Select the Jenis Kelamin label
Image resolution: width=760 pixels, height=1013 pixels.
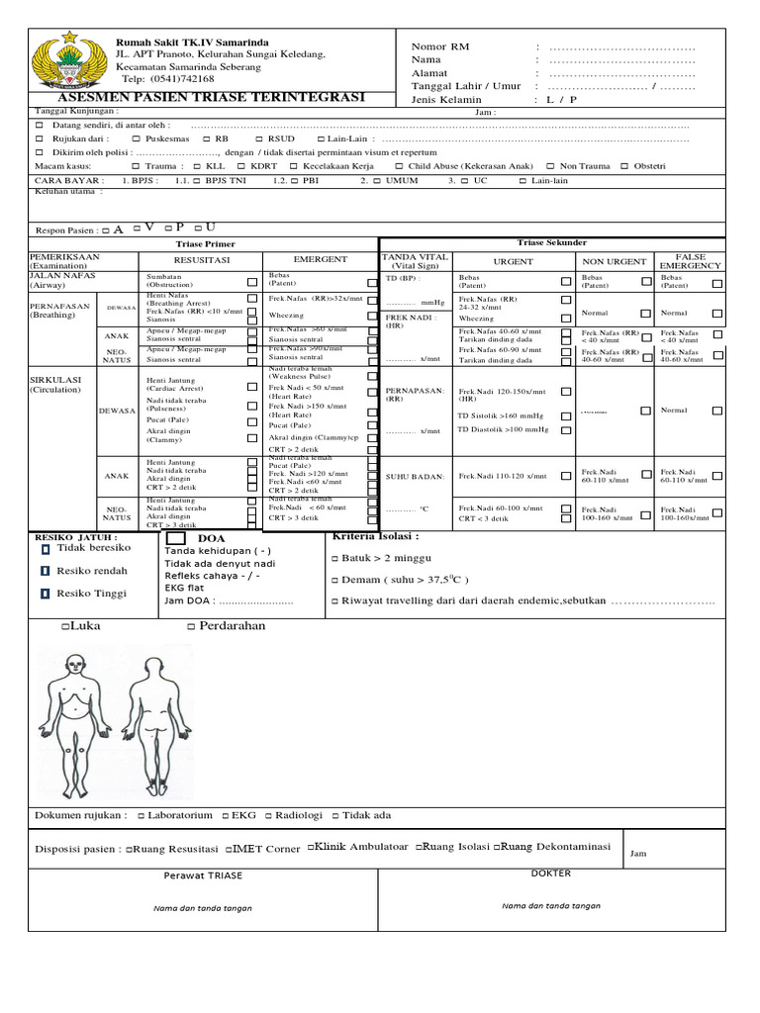click(446, 100)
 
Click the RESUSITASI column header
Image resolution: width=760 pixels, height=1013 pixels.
click(202, 260)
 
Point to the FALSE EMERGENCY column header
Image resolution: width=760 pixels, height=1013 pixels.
click(690, 261)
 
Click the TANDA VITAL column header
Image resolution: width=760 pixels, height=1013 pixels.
click(415, 261)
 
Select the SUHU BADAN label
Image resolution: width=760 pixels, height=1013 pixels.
click(415, 477)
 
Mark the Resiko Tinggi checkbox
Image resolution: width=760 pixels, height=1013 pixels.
click(45, 594)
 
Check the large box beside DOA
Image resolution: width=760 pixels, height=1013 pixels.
click(175, 537)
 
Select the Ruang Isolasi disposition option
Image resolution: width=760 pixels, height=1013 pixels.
click(453, 848)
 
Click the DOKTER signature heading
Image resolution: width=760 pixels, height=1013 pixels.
click(551, 874)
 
